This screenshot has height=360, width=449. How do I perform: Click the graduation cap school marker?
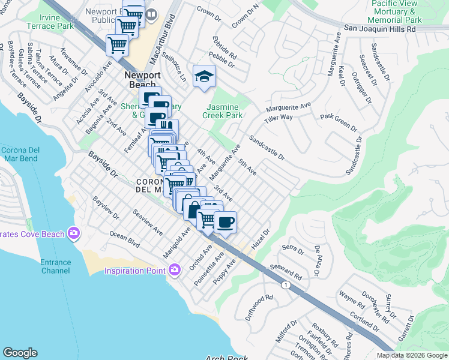tap(204, 76)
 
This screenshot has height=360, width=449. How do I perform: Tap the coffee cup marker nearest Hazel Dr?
tap(225, 223)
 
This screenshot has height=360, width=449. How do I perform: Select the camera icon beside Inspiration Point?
tap(175, 271)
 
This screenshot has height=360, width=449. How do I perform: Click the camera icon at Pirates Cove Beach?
tap(74, 232)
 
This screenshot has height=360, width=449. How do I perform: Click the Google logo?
tap(20, 353)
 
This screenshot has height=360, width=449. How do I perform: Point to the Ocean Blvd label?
tap(124, 240)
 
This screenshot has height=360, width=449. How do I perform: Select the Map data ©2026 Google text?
tap(411, 355)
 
